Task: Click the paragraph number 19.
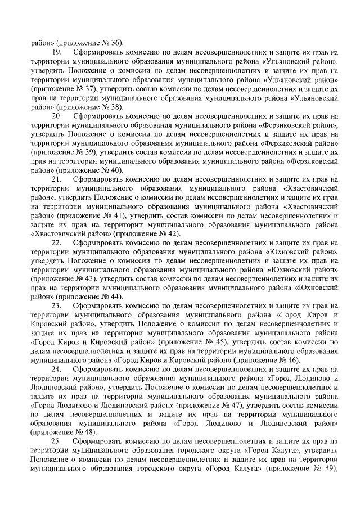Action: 56,52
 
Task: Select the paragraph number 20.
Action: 56,116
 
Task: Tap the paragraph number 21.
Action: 56,179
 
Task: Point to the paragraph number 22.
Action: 56,243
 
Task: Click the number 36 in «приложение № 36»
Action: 115,43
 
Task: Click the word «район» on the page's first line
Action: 42,43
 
